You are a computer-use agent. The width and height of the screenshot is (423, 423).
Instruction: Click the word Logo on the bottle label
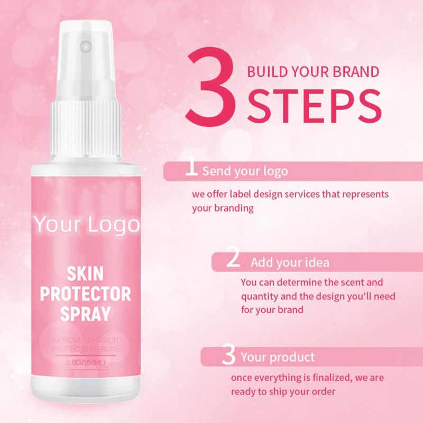tap(113, 224)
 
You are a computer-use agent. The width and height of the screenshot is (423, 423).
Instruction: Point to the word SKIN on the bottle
tap(85, 274)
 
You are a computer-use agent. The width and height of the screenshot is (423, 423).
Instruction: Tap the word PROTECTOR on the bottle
tap(93, 293)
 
